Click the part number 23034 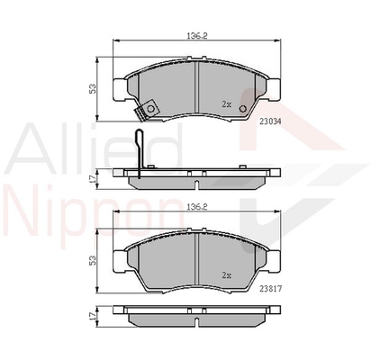coord(271,121)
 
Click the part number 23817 coord(270,289)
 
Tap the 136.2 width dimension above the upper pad coord(197,36)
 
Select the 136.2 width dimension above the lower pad coord(197,207)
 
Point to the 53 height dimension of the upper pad coord(94,89)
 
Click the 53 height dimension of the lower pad coord(94,260)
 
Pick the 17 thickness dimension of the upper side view coord(93,178)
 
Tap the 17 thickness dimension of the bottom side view coord(93,315)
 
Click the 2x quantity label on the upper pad coord(226,104)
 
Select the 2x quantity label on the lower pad coord(226,275)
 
